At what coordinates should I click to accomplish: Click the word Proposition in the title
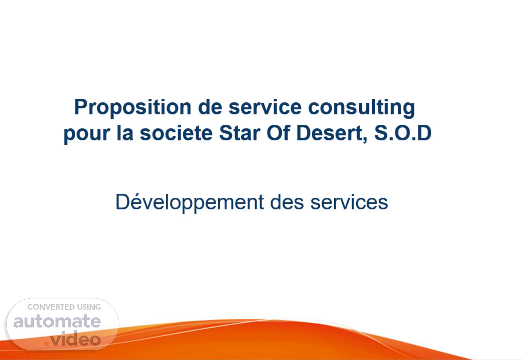click(133, 107)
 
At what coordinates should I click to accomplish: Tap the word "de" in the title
click(210, 107)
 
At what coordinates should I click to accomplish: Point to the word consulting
click(362, 108)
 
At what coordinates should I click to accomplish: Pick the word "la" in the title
click(125, 133)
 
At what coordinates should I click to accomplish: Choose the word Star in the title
click(239, 133)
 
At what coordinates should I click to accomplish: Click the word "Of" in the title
click(278, 133)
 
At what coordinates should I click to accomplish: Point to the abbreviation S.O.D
click(403, 133)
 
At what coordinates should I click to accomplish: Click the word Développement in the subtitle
click(189, 203)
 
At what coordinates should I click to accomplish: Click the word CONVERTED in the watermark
click(51, 307)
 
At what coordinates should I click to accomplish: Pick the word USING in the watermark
click(89, 307)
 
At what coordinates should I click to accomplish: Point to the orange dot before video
click(47, 343)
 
